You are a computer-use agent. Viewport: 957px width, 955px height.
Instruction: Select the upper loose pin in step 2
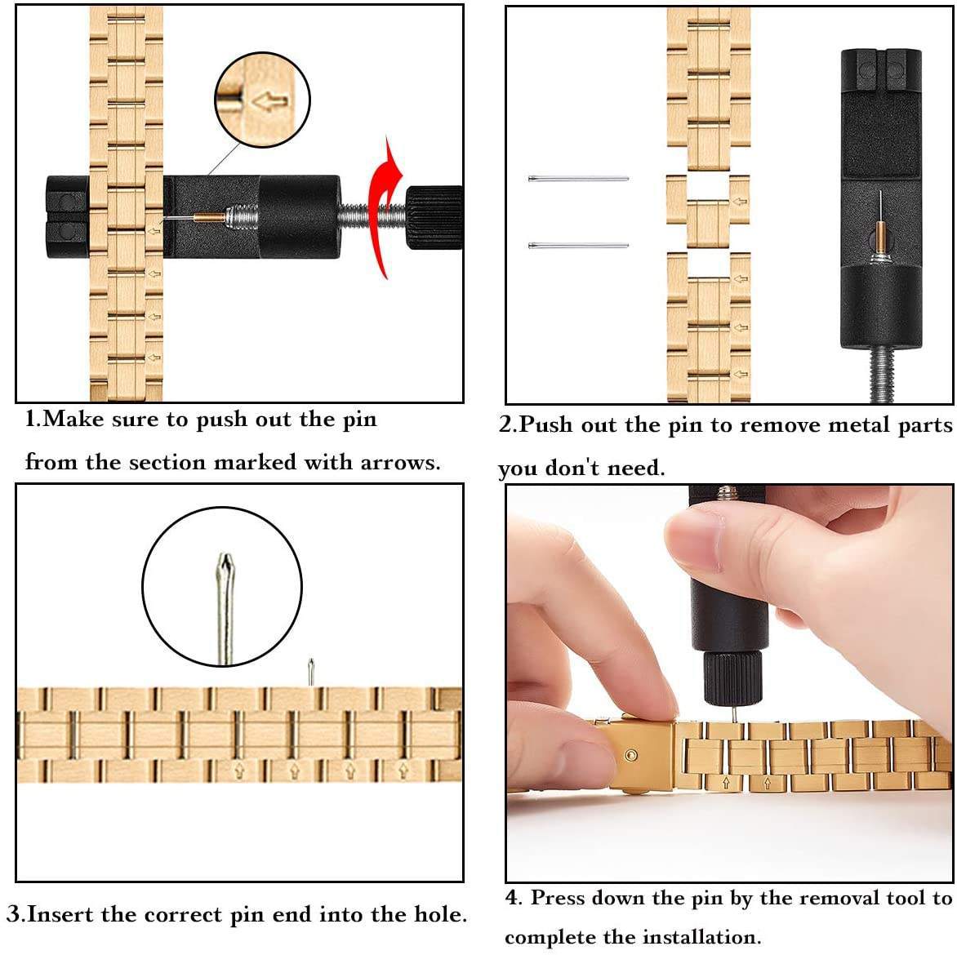click(578, 179)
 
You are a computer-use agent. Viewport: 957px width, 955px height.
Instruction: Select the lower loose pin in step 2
click(578, 246)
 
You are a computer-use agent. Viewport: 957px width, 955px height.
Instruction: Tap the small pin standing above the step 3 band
click(310, 672)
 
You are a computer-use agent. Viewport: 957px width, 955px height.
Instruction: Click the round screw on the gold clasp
click(632, 756)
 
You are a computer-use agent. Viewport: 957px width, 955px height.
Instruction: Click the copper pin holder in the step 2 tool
click(881, 240)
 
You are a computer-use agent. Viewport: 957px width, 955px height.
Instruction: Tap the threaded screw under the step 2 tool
click(880, 375)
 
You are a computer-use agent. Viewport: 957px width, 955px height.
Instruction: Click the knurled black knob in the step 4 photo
click(733, 677)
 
